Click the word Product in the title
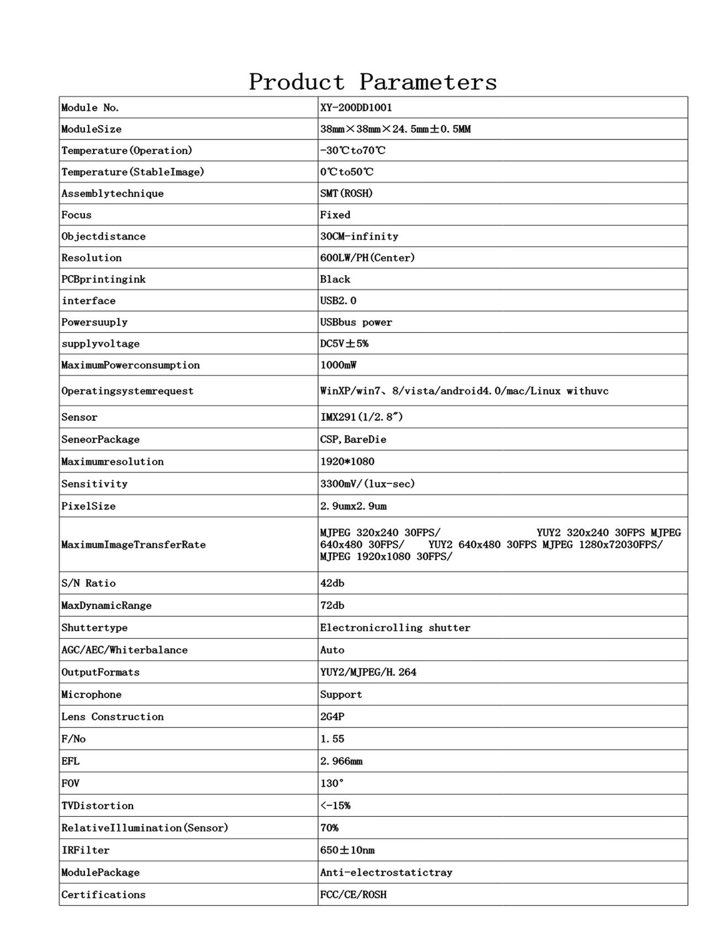tap(297, 82)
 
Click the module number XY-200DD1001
tap(356, 107)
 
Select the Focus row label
tap(76, 215)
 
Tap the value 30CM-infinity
tap(359, 236)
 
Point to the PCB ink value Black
tap(335, 279)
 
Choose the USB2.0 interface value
tap(338, 301)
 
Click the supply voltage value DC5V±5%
tap(344, 344)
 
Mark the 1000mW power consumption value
tap(338, 365)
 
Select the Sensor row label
tap(79, 417)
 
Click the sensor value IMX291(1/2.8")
tap(361, 417)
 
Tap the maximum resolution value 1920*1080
tap(347, 462)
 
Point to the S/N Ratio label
tap(88, 583)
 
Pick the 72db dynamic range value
tap(332, 606)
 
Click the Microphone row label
tap(91, 694)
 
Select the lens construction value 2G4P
tap(332, 717)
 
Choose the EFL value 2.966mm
tap(341, 761)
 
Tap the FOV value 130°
tap(331, 783)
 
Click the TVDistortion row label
tap(97, 806)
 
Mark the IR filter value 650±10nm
tap(347, 850)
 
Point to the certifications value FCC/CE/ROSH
tap(353, 895)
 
